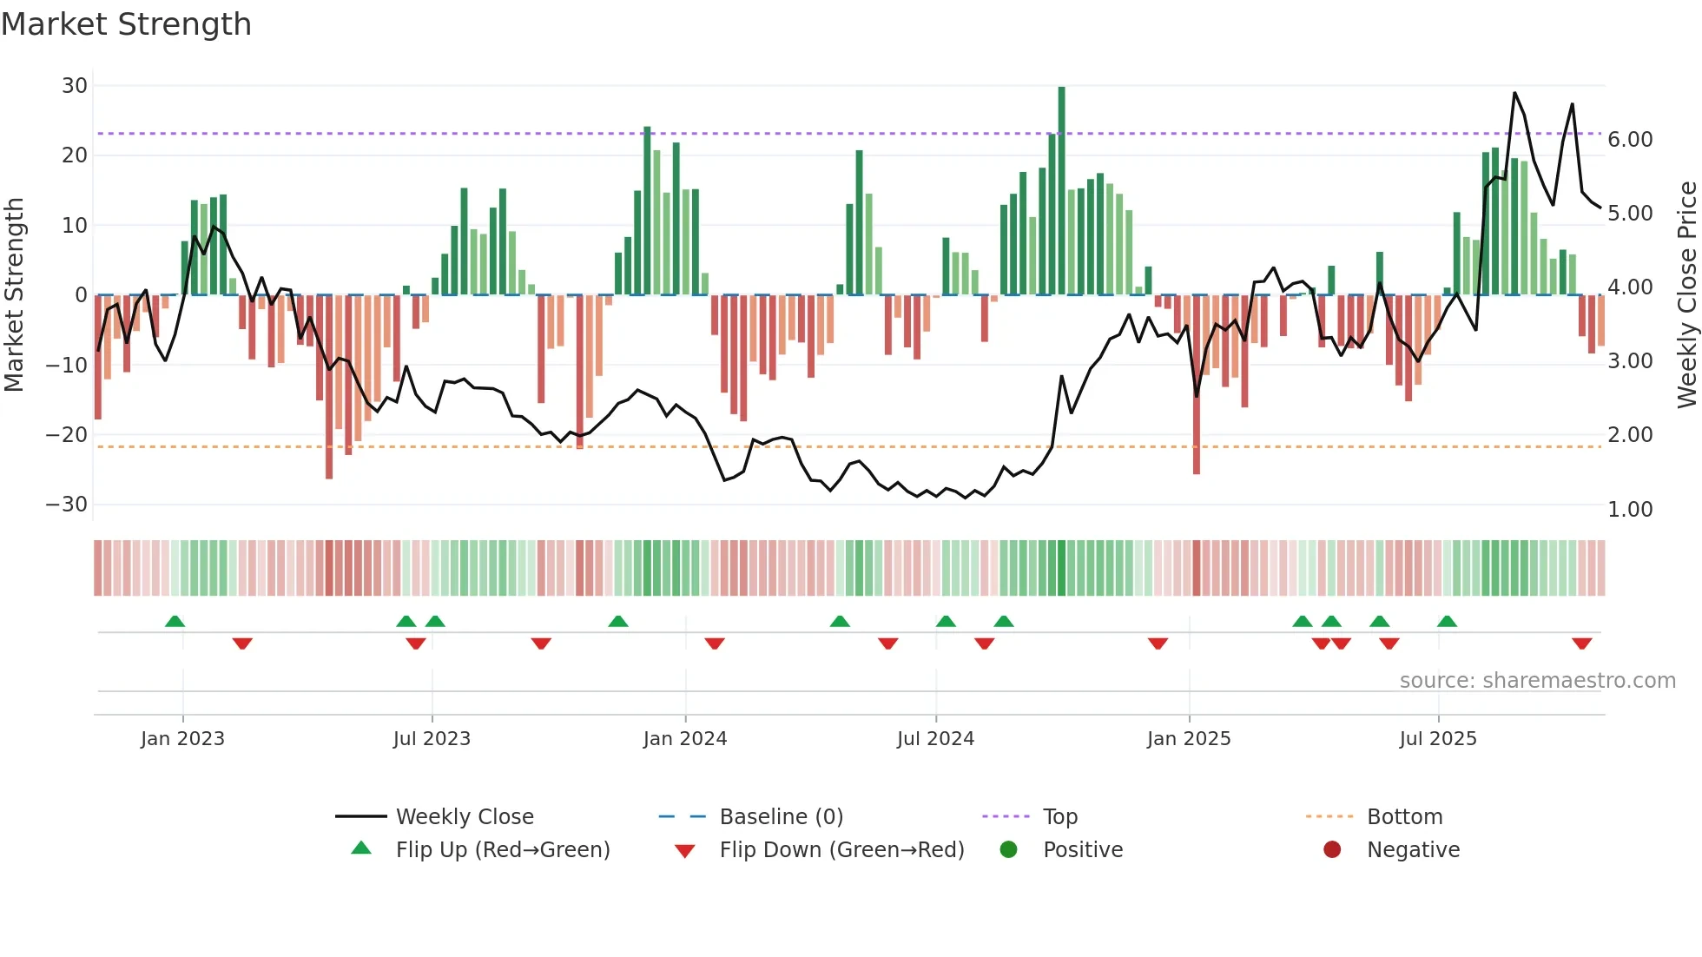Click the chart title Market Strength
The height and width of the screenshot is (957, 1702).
(x=127, y=24)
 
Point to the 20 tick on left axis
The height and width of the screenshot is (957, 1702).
(x=75, y=155)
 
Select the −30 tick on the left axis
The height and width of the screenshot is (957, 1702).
(x=67, y=505)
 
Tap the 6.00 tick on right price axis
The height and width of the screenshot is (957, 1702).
(x=1630, y=140)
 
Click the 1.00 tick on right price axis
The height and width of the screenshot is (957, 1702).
(x=1630, y=510)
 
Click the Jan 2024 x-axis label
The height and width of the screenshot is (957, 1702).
(x=685, y=739)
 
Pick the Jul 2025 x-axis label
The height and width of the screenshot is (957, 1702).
(x=1438, y=739)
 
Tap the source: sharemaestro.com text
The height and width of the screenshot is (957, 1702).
(x=1537, y=681)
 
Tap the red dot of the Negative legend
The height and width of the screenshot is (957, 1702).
(x=1332, y=850)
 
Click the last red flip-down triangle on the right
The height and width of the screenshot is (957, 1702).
(x=1581, y=643)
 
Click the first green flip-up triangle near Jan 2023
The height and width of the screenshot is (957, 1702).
(x=175, y=621)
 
